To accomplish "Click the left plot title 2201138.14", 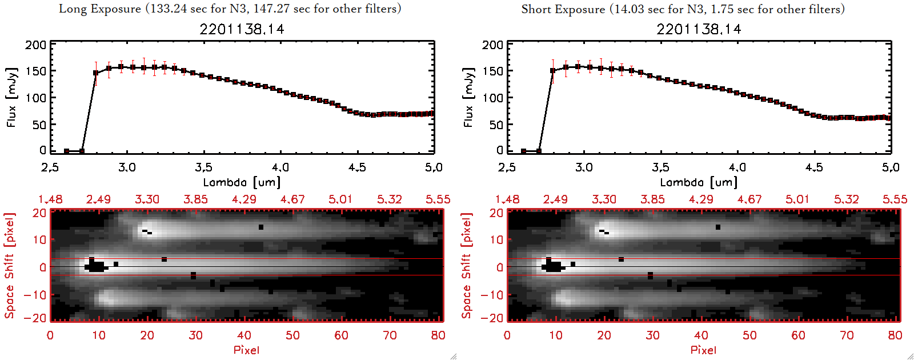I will pos(242,29).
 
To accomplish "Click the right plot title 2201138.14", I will pos(699,29).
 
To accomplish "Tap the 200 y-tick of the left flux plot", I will pos(35,45).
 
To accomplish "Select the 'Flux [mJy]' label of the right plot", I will pos(468,97).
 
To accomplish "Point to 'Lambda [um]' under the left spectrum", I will pos(242,182).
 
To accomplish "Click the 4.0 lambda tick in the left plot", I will pos(280,167).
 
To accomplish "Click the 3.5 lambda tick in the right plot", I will pos(660,167).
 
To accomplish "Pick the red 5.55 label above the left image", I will pos(438,199).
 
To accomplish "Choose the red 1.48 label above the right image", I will pos(507,199).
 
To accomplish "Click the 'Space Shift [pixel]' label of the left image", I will pos(9,266).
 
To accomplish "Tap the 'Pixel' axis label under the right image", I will pos(703,350).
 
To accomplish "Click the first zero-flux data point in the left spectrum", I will pos(67,151).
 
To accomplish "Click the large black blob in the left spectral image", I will pos(96,266).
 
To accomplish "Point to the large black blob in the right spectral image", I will pos(553,266).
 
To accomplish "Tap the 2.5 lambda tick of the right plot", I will pos(507,167).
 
